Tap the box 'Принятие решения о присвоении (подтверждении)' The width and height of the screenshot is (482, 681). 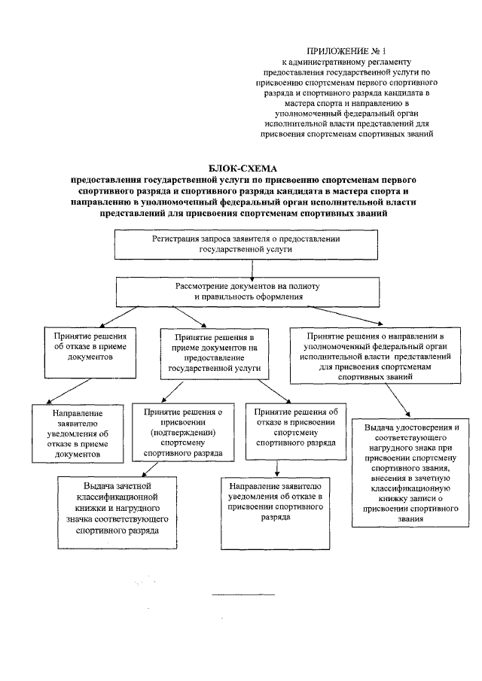pyautogui.click(x=177, y=433)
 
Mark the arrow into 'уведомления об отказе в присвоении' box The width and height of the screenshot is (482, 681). pyautogui.click(x=279, y=468)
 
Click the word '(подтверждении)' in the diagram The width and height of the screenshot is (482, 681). pyautogui.click(x=178, y=433)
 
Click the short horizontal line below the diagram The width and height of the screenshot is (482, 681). pyautogui.click(x=243, y=594)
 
